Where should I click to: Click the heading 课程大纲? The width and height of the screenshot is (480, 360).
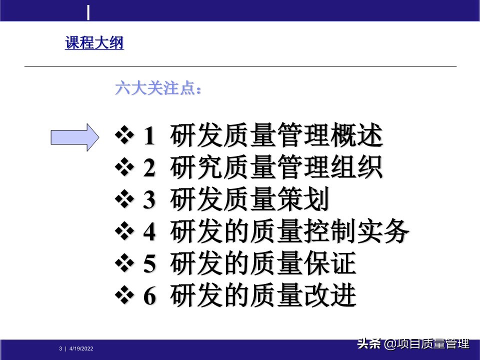tap(94, 43)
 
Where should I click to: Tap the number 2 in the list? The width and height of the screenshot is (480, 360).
tap(149, 169)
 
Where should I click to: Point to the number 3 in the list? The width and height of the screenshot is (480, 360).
tap(149, 201)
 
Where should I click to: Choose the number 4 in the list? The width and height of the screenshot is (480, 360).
tap(149, 233)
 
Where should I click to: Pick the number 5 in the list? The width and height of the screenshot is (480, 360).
tap(149, 265)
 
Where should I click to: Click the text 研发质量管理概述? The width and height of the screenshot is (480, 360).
tap(276, 136)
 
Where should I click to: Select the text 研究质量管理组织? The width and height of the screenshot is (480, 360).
tap(276, 168)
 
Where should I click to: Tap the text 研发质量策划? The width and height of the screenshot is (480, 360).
tap(249, 200)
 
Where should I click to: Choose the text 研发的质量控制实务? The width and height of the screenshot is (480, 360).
tap(289, 232)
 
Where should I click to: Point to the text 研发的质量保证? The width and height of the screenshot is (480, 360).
tap(263, 264)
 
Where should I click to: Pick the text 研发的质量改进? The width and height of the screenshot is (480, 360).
tap(263, 296)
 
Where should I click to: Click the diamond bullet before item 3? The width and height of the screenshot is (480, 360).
tap(123, 201)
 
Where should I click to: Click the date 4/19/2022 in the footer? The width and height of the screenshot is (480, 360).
tap(81, 348)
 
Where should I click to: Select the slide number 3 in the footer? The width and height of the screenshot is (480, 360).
tap(60, 348)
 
